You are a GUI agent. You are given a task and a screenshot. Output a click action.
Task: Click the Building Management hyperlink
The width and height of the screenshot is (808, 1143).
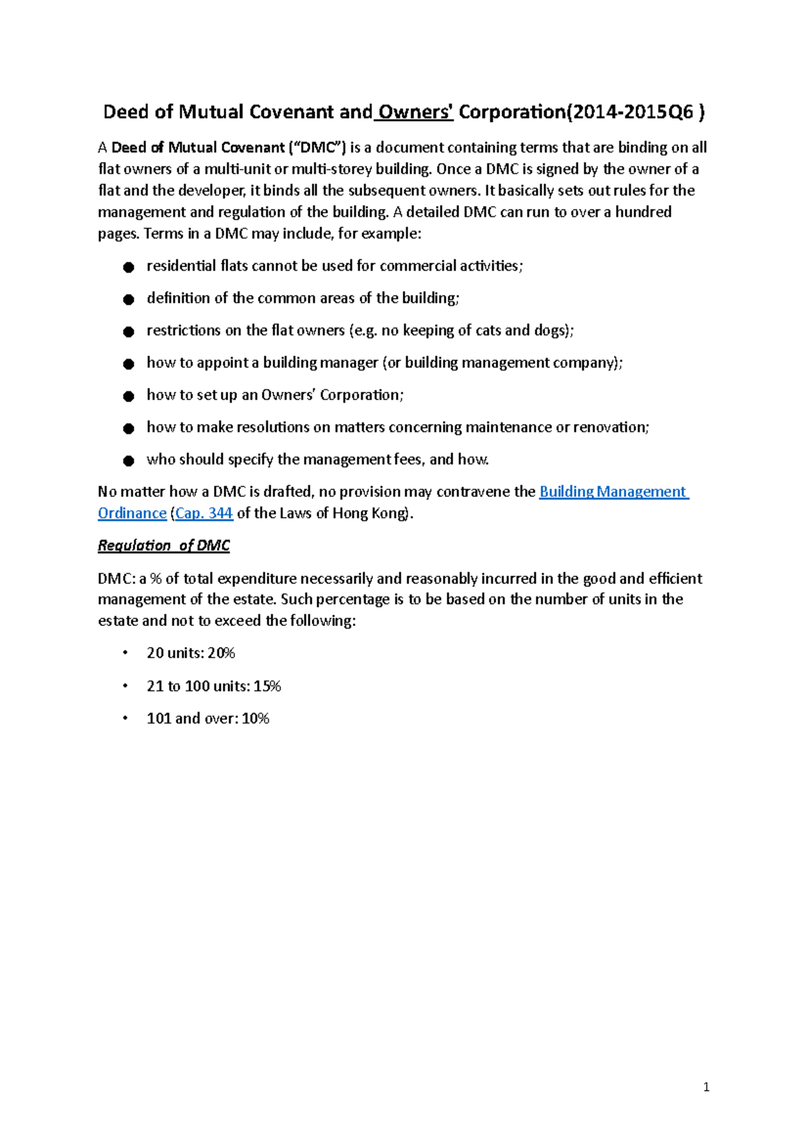pos(613,492)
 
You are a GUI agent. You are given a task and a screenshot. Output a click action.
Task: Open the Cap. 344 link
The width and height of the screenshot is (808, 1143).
pos(204,514)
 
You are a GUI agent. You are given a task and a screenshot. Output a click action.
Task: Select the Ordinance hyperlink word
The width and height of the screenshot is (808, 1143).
pos(132,514)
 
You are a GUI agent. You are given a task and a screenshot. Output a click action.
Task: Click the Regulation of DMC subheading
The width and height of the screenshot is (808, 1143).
pos(164,546)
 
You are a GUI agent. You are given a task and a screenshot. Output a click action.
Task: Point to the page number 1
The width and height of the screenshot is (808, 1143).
pos(706,1087)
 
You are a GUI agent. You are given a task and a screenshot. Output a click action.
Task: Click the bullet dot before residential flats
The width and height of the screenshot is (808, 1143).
pos(129,268)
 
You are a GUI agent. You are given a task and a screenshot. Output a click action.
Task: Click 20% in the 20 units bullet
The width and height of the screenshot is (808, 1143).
pos(221,654)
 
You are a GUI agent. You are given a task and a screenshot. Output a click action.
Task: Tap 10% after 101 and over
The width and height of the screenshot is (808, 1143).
pos(255,719)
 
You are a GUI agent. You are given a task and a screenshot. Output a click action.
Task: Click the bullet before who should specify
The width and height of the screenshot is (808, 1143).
pos(129,461)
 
